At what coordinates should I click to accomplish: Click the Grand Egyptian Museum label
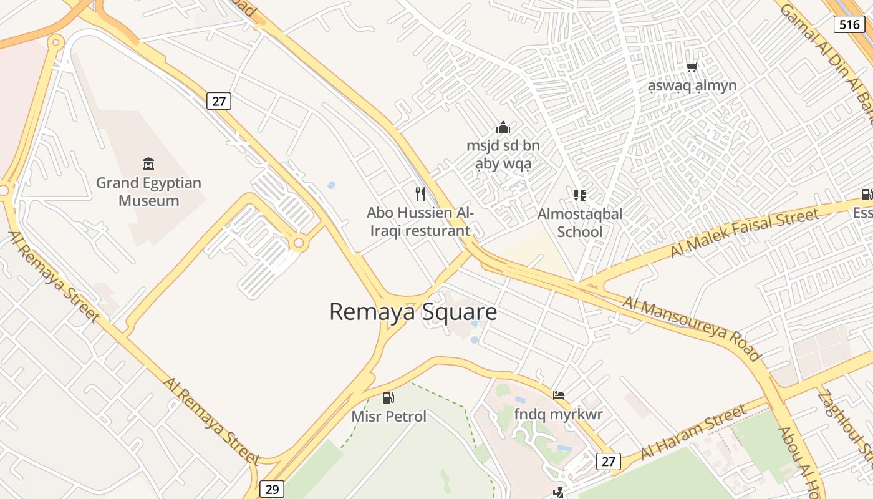(x=148, y=191)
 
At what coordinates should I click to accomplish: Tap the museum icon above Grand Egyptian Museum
(x=148, y=164)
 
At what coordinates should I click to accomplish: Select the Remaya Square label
(x=413, y=312)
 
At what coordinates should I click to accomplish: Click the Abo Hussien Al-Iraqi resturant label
(x=420, y=221)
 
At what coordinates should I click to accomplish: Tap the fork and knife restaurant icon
(x=420, y=193)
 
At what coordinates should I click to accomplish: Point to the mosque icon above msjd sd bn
(x=503, y=128)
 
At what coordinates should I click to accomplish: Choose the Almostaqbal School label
(x=580, y=223)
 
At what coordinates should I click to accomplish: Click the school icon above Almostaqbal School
(x=580, y=195)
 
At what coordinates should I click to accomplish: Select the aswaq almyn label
(x=692, y=85)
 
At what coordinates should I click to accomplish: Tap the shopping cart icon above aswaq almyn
(x=692, y=67)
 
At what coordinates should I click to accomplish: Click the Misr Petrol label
(x=389, y=416)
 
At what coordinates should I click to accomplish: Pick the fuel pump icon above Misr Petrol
(x=388, y=397)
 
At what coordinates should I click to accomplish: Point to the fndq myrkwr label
(x=559, y=414)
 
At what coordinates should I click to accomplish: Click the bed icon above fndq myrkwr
(x=559, y=395)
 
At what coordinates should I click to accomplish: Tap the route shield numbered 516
(x=849, y=24)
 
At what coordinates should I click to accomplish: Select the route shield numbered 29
(x=272, y=489)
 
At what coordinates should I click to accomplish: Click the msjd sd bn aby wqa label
(x=503, y=155)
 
